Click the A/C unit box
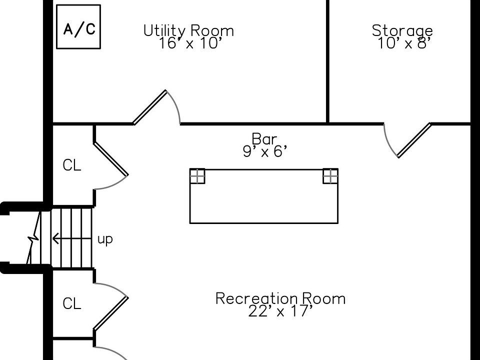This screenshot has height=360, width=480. point(78,27)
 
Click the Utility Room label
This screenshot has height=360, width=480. point(188,31)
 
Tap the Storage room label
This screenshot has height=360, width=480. point(402,31)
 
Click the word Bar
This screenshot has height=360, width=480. point(264,138)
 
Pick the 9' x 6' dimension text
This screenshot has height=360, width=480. point(265,151)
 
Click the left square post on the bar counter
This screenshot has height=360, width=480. point(197,176)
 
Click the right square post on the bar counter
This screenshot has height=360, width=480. point(330,176)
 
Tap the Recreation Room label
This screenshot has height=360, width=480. point(280,298)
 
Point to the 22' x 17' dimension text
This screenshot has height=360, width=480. point(280,311)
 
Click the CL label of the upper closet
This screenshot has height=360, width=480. point(72,166)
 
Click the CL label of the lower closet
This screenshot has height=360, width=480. point(72,304)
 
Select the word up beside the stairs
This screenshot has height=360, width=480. point(105,239)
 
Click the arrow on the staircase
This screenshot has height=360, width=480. point(70,239)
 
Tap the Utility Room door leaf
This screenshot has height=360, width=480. point(150,107)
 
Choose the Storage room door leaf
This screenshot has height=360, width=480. point(414,140)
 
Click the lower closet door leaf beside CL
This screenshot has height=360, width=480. point(111,313)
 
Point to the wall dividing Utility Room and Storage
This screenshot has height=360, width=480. point(328,60)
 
